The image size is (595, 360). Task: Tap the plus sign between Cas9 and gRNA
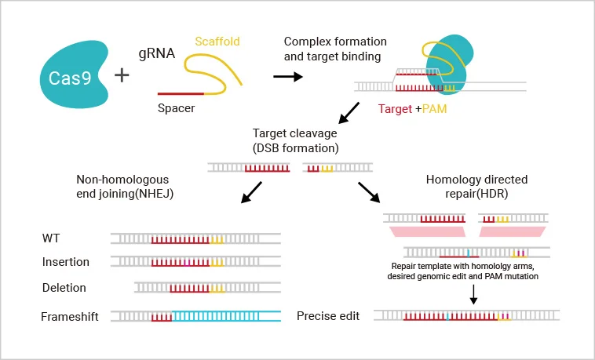(x=123, y=75)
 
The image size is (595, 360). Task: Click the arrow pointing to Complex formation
(x=287, y=77)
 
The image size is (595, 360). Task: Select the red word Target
(x=395, y=109)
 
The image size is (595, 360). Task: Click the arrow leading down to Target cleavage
(x=349, y=113)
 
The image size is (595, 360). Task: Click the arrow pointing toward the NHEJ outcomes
(x=252, y=191)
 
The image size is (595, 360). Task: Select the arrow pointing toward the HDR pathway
(x=367, y=191)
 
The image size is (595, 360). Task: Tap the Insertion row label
(x=66, y=261)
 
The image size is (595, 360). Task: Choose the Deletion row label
(x=64, y=288)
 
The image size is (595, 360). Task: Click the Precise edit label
(x=327, y=316)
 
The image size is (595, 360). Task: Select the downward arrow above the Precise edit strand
(x=474, y=293)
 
